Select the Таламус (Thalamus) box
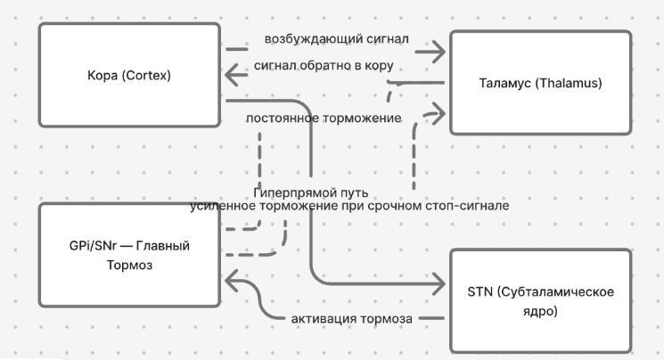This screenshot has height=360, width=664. tap(540, 83)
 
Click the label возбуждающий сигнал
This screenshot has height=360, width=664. tap(336, 39)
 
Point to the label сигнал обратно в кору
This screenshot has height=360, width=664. tap(323, 66)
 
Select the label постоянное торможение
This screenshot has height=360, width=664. tap(323, 118)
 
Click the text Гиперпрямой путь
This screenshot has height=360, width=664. tap(310, 192)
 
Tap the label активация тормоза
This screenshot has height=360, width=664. tap(350, 319)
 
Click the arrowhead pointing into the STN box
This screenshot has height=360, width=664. tap(438, 285)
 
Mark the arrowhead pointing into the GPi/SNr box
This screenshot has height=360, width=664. tap(229, 282)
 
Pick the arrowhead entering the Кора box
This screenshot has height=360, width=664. tap(230, 75)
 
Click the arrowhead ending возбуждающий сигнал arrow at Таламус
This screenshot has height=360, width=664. tap(438, 52)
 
